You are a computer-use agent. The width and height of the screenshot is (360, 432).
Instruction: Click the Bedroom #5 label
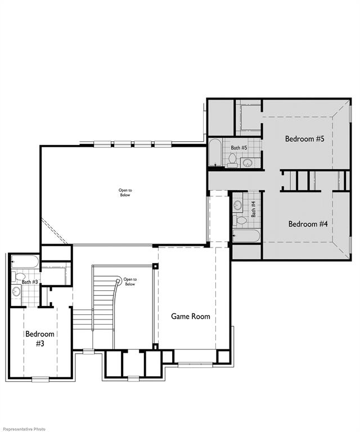coord(304,139)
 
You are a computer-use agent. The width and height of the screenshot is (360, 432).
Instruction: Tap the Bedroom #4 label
coord(308,224)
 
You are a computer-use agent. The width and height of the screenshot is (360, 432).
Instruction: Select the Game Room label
coord(191,316)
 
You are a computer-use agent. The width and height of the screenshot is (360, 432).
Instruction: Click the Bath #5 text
coord(239,148)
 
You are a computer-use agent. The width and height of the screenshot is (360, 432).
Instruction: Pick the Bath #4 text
coord(254,209)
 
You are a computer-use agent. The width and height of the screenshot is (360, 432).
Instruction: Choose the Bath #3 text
coord(30,282)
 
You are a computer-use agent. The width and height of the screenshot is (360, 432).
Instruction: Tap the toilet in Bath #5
coord(232,159)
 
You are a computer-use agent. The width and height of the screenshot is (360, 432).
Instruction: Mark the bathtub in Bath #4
coord(246,235)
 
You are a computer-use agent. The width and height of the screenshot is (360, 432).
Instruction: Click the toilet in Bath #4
coord(238,219)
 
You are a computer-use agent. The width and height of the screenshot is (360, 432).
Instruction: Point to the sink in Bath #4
coord(237,204)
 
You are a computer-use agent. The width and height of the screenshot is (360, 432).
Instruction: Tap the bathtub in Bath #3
coord(25,262)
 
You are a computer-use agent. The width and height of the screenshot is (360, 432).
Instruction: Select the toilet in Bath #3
coord(19,276)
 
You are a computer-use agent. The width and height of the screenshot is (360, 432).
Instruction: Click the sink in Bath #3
coord(16,291)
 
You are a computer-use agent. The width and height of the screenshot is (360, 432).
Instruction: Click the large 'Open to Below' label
coord(124,192)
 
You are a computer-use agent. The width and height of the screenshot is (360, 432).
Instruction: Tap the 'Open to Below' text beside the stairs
coord(130,281)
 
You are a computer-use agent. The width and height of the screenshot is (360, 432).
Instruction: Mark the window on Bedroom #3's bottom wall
coord(39,379)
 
